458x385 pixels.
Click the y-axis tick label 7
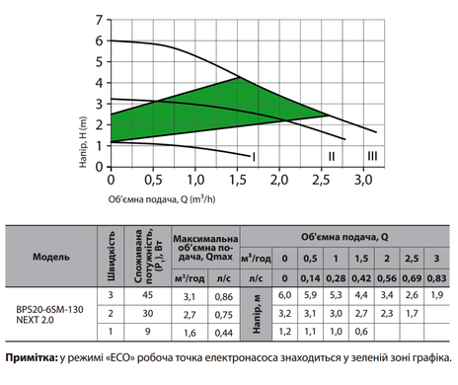[x=99, y=21]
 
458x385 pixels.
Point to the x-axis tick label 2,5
[x=321, y=180]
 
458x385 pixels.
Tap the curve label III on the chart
[x=372, y=156]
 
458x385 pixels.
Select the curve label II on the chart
[x=332, y=156]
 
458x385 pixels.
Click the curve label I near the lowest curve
[x=254, y=157]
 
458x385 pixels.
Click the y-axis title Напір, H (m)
[x=83, y=142]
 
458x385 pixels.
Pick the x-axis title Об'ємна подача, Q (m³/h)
[x=162, y=199]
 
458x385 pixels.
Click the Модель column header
[x=51, y=257]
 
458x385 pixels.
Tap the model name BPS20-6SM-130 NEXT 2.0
[x=49, y=315]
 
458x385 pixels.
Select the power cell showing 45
[x=147, y=295]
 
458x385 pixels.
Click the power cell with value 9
[x=147, y=332]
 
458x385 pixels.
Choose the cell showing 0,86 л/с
[x=224, y=297]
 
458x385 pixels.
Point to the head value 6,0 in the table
[x=284, y=295]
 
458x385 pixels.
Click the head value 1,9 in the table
[x=436, y=295]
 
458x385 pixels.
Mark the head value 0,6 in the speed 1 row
[x=361, y=332]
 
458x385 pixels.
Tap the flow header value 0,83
[x=436, y=278]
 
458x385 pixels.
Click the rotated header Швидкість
[x=111, y=256]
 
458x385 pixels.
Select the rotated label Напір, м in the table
[x=257, y=314]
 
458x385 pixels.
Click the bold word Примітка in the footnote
[x=32, y=357]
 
